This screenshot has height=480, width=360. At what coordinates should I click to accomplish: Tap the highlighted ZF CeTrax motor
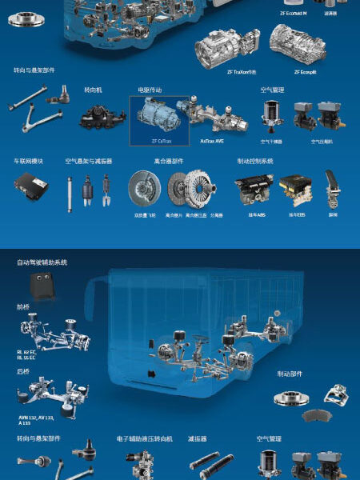click(160, 117)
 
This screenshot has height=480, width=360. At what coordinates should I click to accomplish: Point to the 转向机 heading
click(94, 90)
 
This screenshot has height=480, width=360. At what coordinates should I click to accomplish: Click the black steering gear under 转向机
click(102, 117)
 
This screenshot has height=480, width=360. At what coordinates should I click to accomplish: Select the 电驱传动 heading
click(150, 90)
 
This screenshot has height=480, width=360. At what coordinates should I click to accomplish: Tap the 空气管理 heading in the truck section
click(273, 90)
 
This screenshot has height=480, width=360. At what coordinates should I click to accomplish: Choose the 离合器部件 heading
click(169, 161)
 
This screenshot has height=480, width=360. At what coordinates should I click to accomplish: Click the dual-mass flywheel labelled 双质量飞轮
click(144, 190)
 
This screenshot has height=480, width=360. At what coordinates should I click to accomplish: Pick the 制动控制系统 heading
click(255, 161)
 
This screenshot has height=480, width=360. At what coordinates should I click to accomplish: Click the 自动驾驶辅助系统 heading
click(42, 262)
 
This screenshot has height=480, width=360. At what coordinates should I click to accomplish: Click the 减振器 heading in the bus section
click(198, 438)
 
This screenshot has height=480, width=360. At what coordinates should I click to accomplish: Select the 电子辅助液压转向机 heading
click(145, 438)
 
